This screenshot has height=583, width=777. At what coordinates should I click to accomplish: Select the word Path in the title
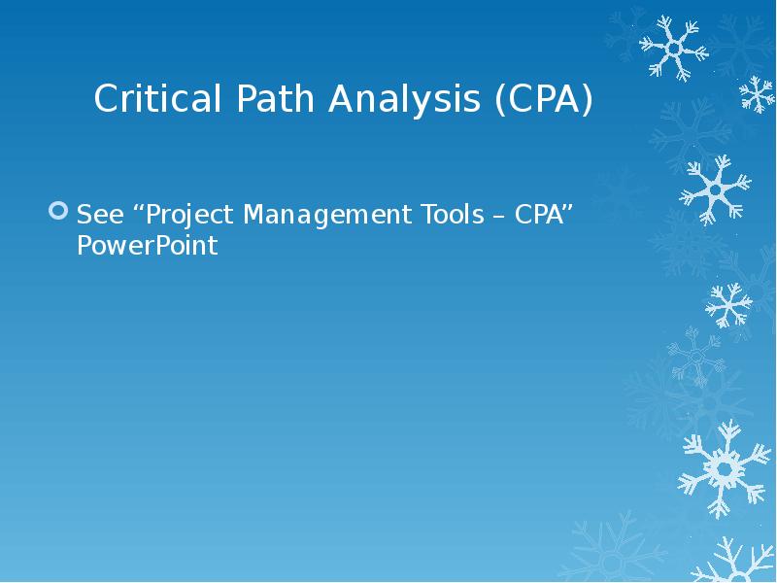(x=256, y=100)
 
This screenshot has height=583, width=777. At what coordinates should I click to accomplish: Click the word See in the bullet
(x=97, y=214)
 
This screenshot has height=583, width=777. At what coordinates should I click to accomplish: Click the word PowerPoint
(x=147, y=247)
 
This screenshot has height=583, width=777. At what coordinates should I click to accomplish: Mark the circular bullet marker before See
(x=59, y=211)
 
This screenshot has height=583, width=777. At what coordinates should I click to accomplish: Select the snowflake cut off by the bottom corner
(x=743, y=564)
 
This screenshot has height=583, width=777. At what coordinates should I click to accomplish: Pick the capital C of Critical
(x=106, y=100)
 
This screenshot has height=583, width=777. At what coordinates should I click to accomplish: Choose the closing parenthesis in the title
(x=585, y=101)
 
